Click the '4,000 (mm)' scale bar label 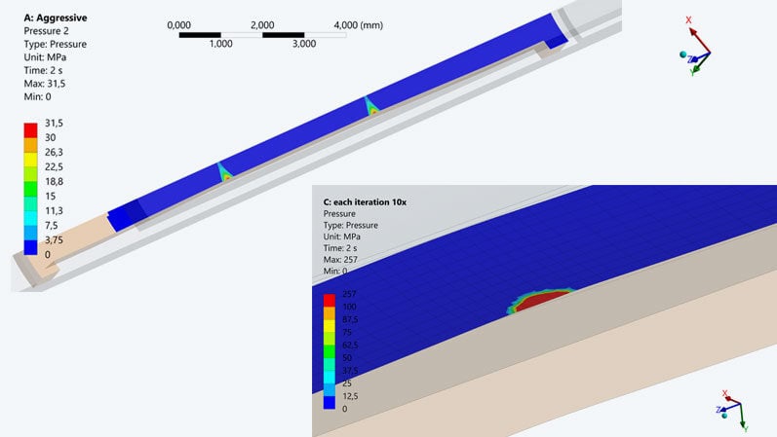(x=358, y=25)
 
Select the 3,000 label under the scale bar (x=304, y=44)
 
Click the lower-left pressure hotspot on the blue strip (x=225, y=175)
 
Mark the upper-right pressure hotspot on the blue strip (x=372, y=108)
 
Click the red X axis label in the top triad (x=688, y=19)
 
